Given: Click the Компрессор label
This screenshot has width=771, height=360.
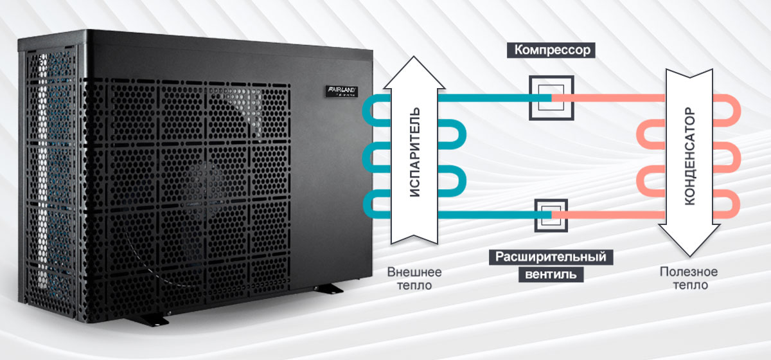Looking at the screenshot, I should coord(550,50).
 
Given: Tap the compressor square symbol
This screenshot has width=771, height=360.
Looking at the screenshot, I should coord(551,96).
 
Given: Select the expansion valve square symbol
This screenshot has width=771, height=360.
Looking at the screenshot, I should coord(551,213).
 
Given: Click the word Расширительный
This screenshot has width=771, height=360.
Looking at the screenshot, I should coord(551,257).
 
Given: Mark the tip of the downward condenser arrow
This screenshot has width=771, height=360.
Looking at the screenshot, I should coord(691,256).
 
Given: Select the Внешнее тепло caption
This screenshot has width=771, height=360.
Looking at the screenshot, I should coord(414,278).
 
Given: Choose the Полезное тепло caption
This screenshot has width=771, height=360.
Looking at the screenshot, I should coord(689,278).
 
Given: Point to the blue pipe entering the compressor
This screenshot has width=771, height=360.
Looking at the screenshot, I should coord(488,96).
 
